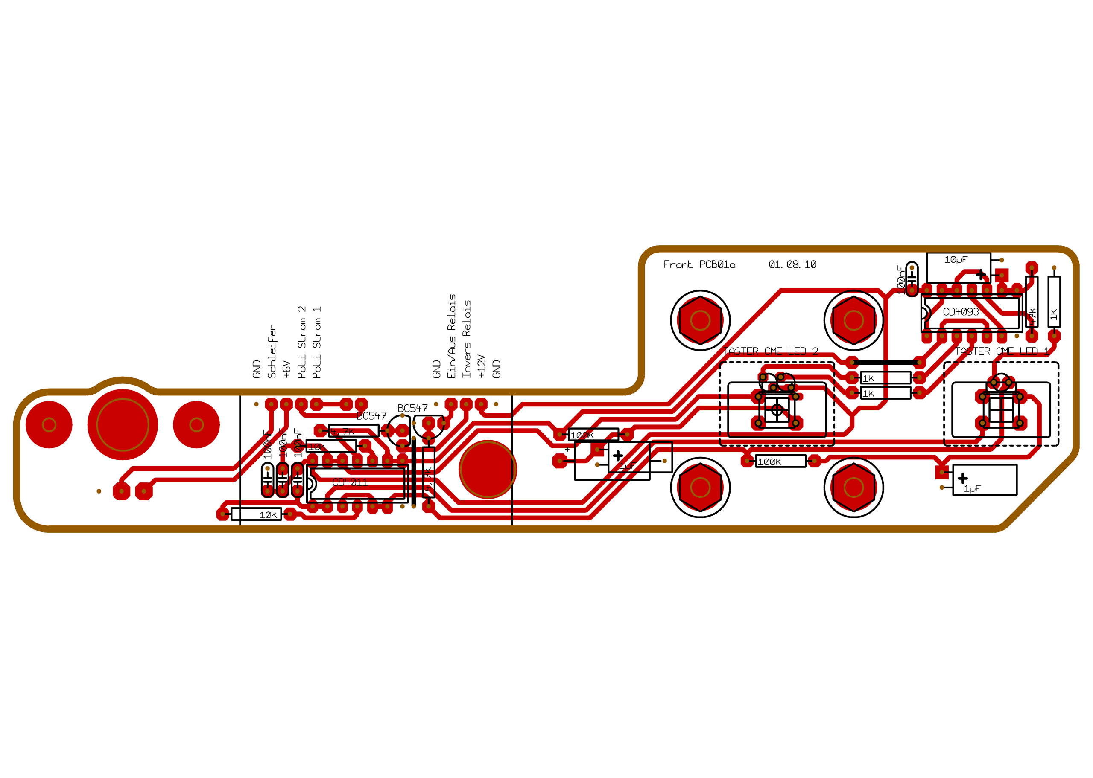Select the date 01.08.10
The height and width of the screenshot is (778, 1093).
(792, 264)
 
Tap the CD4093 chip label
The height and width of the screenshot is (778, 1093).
(960, 312)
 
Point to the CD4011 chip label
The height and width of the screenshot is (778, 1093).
(350, 482)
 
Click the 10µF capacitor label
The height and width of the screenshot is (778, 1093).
(956, 260)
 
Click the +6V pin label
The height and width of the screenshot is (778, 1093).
(286, 369)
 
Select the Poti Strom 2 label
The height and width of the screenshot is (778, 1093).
(301, 342)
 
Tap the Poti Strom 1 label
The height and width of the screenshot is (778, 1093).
(316, 342)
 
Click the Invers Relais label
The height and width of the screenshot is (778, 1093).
(466, 339)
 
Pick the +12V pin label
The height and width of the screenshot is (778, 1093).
(481, 366)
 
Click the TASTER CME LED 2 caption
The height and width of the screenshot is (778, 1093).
(770, 351)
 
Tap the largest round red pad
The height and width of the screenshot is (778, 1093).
(122, 424)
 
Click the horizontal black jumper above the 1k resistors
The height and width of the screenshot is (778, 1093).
(885, 363)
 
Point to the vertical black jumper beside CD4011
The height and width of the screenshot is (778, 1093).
(414, 471)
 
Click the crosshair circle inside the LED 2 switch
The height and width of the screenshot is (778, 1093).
(777, 409)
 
